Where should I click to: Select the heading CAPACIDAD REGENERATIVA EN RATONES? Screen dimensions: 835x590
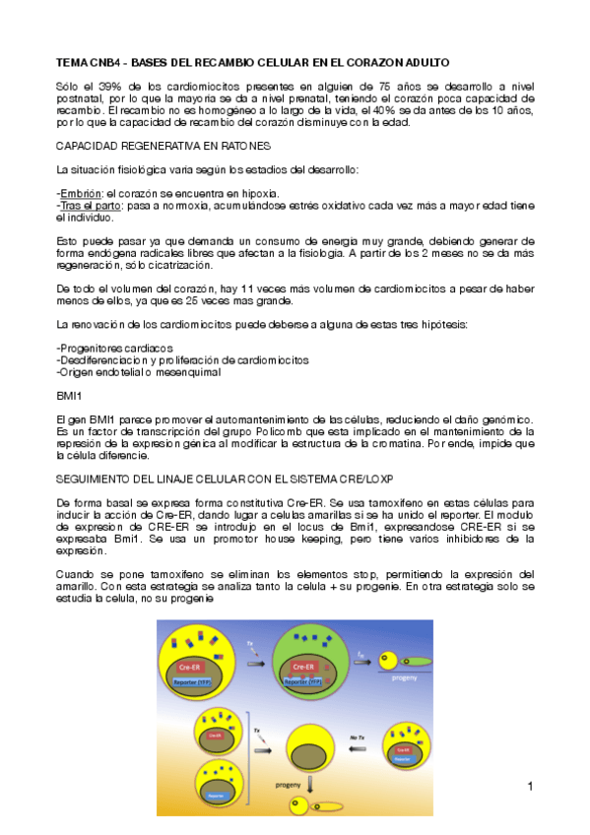pyautogui.click(x=149, y=146)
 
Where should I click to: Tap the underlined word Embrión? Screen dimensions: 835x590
pyautogui.click(x=80, y=192)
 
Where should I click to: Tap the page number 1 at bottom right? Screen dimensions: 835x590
pyautogui.click(x=529, y=786)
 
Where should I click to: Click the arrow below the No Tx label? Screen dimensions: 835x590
pyautogui.click(x=359, y=748)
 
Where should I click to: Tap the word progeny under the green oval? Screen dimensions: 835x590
pyautogui.click(x=405, y=678)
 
